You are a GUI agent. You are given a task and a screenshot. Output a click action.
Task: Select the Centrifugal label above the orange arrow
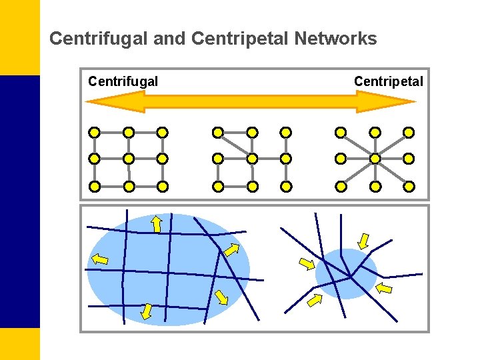tap(123, 82)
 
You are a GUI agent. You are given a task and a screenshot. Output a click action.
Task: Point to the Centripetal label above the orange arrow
tap(388, 82)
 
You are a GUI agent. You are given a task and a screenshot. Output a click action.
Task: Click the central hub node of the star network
tap(375, 159)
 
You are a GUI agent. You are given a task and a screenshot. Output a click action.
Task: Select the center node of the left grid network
tap(129, 159)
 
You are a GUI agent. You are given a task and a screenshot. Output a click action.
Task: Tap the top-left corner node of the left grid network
tap(95, 132)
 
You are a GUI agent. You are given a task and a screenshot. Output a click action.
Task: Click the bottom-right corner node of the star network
tap(409, 186)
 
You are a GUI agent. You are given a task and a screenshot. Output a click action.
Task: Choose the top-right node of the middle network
tap(286, 132)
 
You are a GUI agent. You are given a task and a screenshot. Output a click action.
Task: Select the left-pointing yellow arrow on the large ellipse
tap(99, 259)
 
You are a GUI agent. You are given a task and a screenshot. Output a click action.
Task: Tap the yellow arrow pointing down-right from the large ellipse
tap(221, 297)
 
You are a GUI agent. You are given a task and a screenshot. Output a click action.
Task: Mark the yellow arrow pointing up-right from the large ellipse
tap(231, 250)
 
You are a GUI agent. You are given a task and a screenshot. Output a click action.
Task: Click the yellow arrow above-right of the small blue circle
tap(363, 240)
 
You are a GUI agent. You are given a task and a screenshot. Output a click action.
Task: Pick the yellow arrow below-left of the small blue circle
tap(314, 301)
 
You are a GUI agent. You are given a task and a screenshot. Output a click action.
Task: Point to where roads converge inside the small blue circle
tap(350, 276)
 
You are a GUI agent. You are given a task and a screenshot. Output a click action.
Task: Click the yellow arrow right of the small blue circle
tap(385, 289)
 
